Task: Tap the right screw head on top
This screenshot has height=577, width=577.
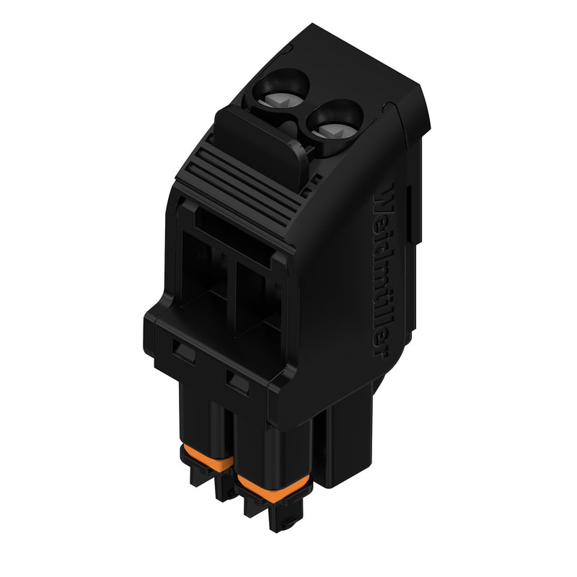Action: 333,127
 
